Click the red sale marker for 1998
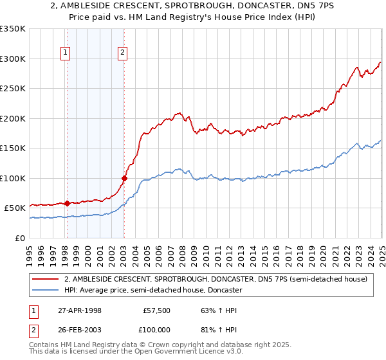point(67,204)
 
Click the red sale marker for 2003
point(124,178)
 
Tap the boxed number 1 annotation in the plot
point(66,54)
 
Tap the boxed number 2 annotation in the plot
point(122,54)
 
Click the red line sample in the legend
point(46,280)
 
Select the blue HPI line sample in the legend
point(46,290)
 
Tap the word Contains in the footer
point(46,345)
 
